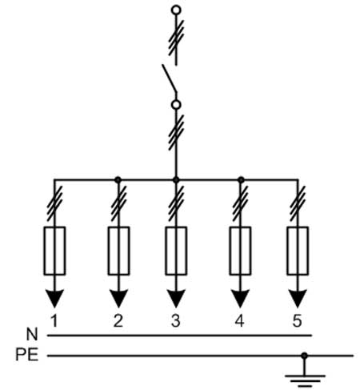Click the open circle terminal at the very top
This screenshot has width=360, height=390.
[x=176, y=10]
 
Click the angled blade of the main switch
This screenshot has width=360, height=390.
[x=169, y=78]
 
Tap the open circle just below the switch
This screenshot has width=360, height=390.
[x=176, y=105]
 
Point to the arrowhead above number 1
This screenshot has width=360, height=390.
[x=54, y=299]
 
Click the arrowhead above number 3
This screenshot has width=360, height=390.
[x=176, y=299]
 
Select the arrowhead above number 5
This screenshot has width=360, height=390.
[x=298, y=299]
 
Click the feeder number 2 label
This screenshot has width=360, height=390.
[x=118, y=320]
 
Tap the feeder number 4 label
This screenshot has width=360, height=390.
[x=240, y=320]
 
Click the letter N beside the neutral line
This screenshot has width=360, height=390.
[x=32, y=334]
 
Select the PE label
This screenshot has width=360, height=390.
[x=27, y=355]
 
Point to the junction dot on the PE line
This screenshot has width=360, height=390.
[x=304, y=356]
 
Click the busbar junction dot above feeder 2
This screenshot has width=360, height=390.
[x=118, y=180]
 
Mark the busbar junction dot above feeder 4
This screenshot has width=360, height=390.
[x=241, y=180]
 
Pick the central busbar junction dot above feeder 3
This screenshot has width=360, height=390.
[x=176, y=180]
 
